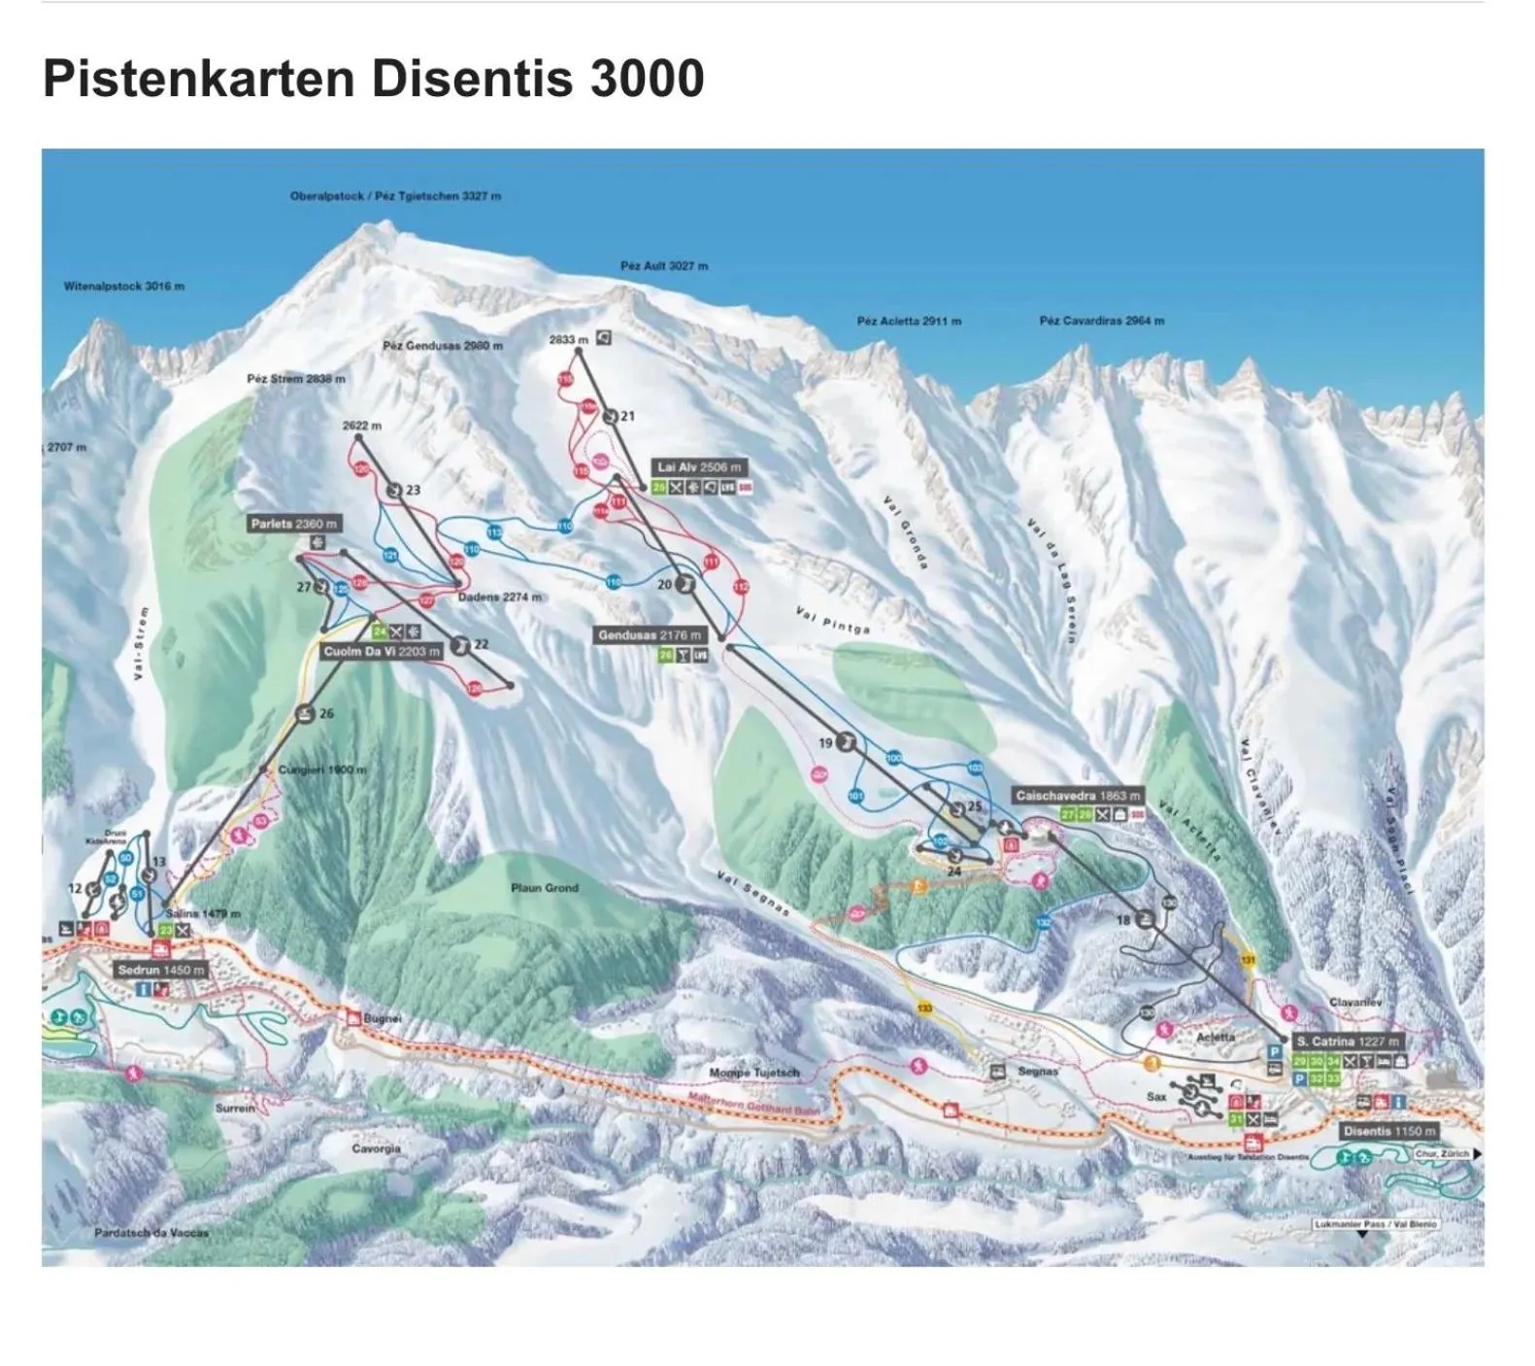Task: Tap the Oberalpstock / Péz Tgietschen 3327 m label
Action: [x=395, y=196]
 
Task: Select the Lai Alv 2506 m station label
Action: [x=699, y=467]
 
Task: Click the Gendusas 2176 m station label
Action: [x=649, y=635]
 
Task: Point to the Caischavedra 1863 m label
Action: [x=1078, y=796]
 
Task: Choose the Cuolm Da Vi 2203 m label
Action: [x=382, y=652]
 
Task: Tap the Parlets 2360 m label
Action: [x=294, y=525]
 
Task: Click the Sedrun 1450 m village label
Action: [x=161, y=970]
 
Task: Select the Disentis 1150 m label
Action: [x=1389, y=1132]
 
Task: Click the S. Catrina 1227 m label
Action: [x=1348, y=1042]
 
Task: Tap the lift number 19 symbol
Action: [x=847, y=743]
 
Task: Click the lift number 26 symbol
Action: [x=306, y=714]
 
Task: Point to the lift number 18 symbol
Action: [x=1146, y=919]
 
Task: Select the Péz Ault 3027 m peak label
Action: [x=664, y=266]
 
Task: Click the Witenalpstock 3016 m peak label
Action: [x=123, y=287]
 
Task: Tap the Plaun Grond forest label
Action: [x=545, y=888]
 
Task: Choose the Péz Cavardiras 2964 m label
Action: [x=1101, y=321]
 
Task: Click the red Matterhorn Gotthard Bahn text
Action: [x=753, y=1104]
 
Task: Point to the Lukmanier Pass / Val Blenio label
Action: [x=1375, y=1224]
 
